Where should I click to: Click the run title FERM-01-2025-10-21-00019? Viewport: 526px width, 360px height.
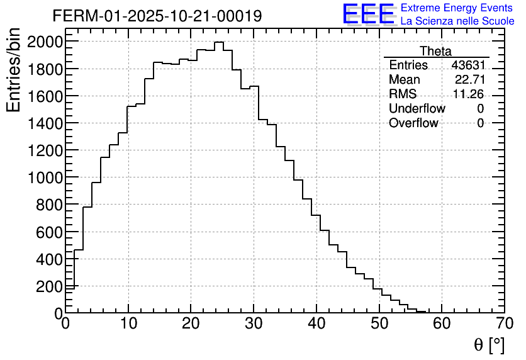pos(157,16)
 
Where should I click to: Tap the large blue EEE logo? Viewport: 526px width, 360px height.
pos(368,14)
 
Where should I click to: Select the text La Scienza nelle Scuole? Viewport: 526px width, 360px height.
pos(457,21)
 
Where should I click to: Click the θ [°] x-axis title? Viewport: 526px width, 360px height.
pos(489,345)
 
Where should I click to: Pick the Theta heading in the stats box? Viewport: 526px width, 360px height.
pos(435,51)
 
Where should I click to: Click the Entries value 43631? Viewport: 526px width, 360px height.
pos(467,65)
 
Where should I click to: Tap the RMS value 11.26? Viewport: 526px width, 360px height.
pos(469,94)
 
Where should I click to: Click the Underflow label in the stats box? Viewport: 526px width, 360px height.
pos(417,109)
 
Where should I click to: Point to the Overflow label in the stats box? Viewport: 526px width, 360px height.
pos(413,123)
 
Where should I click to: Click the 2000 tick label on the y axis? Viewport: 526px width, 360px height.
pos(45,42)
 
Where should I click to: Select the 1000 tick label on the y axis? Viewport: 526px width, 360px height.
pos(45,177)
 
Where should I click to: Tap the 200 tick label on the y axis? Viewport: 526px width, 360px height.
pos(48,286)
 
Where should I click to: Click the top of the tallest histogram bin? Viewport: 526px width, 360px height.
pos(218,42)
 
